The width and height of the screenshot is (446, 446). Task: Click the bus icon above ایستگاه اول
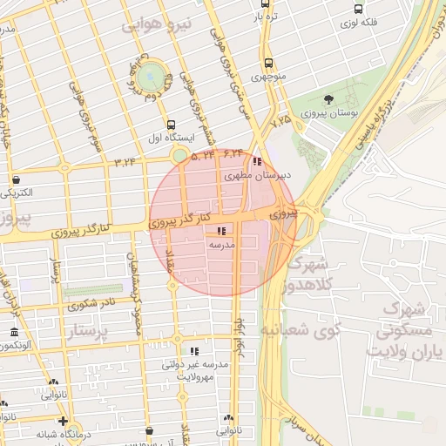coord(170,124)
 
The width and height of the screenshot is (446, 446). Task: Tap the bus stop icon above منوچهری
coord(268,63)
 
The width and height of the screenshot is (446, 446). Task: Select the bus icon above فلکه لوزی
coord(358,9)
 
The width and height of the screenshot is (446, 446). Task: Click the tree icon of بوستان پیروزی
coord(328,100)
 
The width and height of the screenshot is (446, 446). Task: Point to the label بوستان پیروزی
coord(327,114)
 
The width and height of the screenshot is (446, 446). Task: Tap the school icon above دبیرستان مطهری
coord(256,161)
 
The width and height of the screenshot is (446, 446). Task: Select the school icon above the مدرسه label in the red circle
coord(220,231)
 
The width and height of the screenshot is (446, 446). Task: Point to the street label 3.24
coord(125,162)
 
